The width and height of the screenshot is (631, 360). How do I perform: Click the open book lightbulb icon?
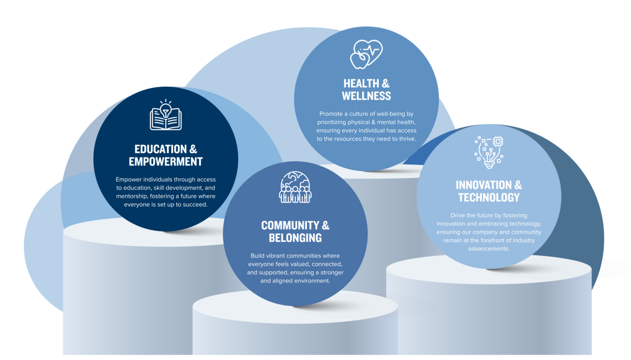click(x=166, y=116)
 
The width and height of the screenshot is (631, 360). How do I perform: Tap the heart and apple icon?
click(x=366, y=54)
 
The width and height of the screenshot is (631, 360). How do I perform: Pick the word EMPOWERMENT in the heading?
click(x=166, y=162)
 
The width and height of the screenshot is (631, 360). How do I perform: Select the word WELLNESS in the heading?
click(x=366, y=96)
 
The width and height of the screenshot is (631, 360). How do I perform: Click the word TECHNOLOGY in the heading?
click(x=489, y=198)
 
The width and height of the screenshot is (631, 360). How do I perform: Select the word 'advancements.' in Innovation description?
click(x=489, y=249)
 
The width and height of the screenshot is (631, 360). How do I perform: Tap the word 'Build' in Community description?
click(x=258, y=256)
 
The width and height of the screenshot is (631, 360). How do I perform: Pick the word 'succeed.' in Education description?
click(x=194, y=205)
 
